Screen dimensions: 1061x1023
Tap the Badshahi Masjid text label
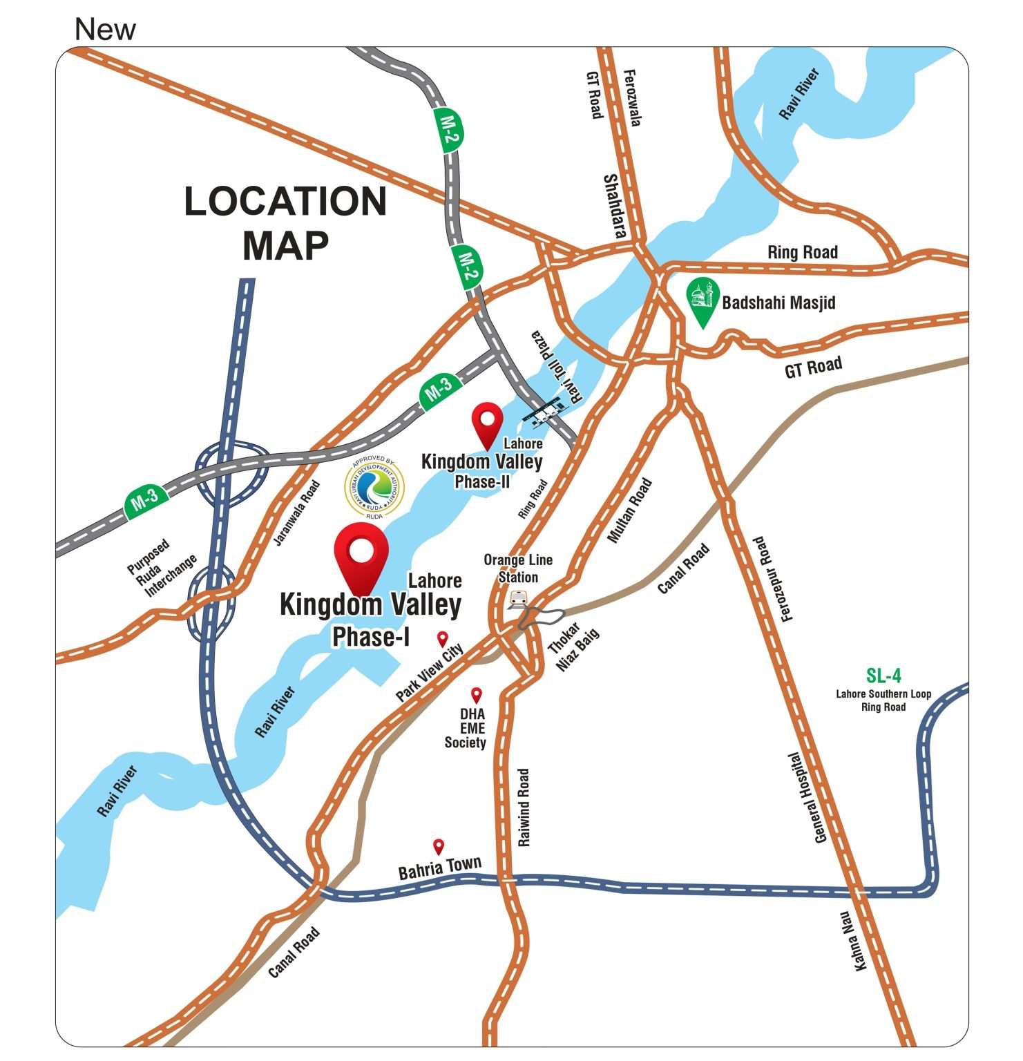click(778, 303)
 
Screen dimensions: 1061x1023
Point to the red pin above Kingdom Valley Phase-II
click(487, 422)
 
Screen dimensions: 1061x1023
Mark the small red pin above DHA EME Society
click(476, 694)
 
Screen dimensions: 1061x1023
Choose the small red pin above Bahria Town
click(438, 846)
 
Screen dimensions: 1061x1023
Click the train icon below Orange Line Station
click(517, 599)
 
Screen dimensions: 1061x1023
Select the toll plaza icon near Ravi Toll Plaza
click(542, 413)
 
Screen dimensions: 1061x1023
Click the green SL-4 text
click(883, 675)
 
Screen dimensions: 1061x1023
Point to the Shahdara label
click(614, 206)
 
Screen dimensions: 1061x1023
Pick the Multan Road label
click(629, 510)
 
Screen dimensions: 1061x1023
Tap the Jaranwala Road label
click(297, 513)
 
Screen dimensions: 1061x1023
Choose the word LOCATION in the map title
click(285, 201)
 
